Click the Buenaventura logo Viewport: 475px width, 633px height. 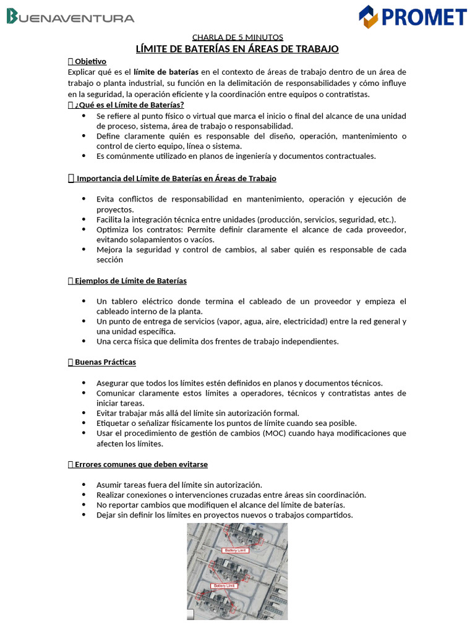70,17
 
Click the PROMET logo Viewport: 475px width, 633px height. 413,17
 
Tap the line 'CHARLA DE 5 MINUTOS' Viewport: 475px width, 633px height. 237,37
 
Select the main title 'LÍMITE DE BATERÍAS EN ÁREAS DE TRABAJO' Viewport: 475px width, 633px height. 237,49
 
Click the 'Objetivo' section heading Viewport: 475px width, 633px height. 90,61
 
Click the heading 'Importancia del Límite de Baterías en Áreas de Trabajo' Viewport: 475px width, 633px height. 176,179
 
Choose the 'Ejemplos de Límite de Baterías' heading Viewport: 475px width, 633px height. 131,281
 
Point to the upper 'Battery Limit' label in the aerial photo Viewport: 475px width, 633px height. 234,550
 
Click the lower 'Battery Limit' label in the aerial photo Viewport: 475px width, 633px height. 225,585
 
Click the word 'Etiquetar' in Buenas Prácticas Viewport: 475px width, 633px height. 114,423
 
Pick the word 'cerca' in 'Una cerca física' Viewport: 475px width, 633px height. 123,341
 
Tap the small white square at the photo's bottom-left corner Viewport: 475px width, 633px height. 190,614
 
